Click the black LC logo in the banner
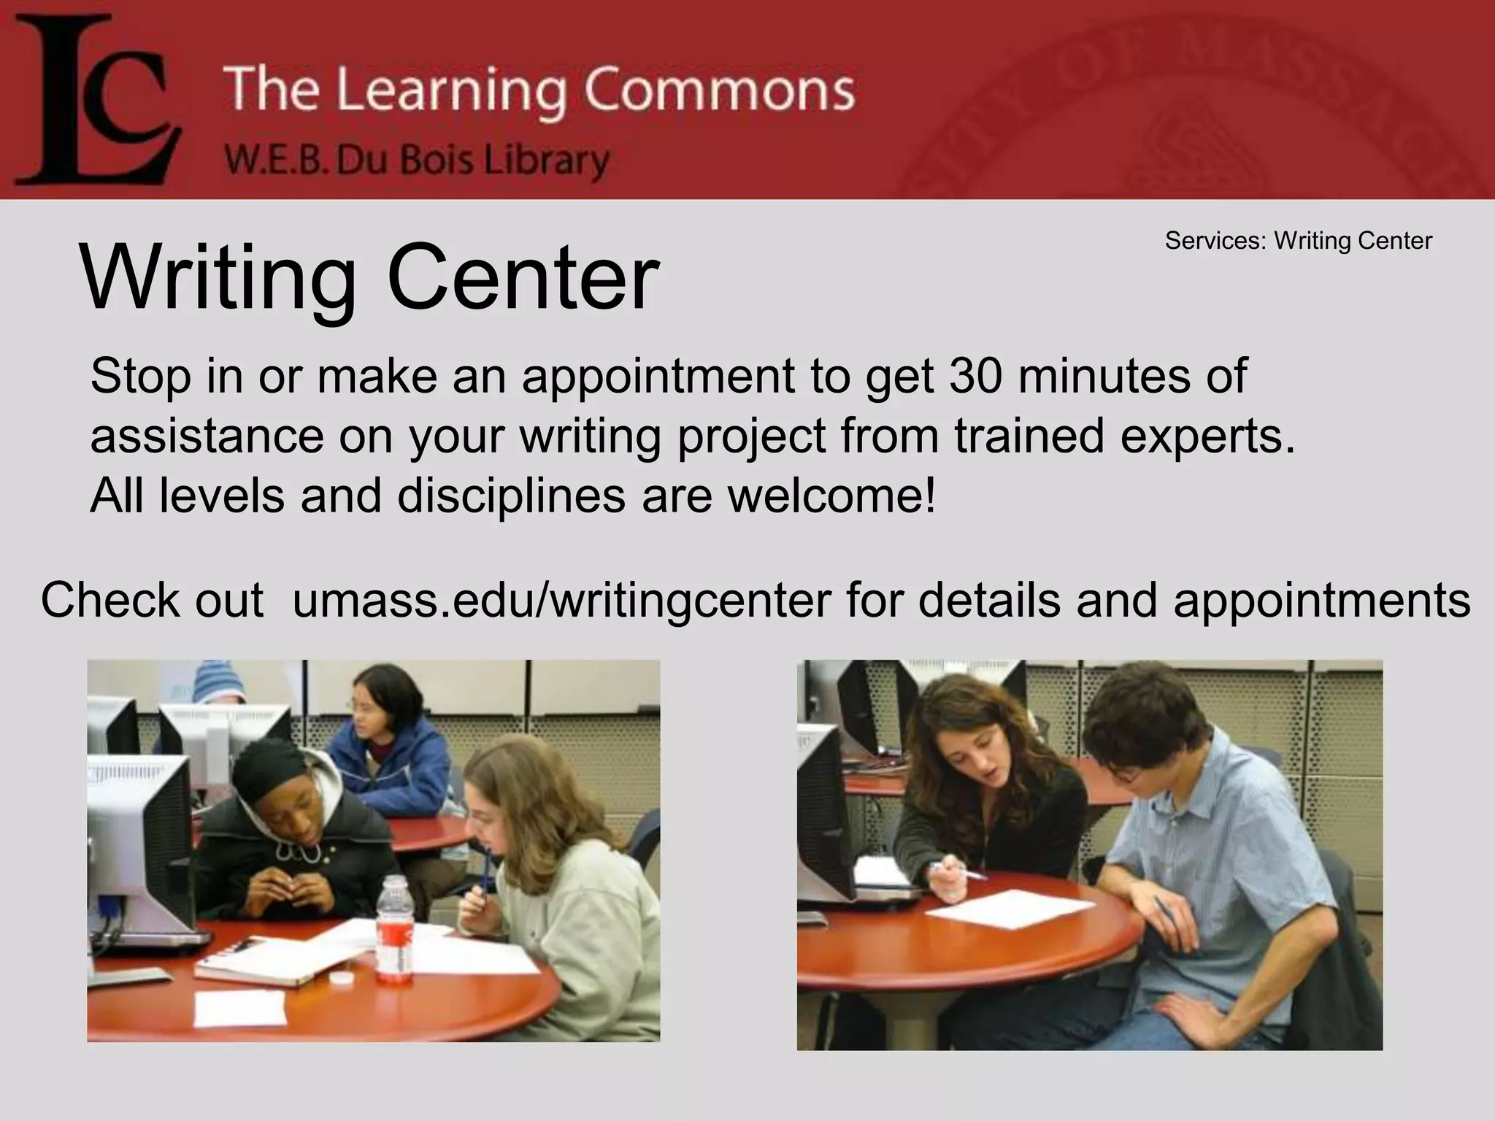click(95, 102)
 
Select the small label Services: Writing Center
click(1298, 241)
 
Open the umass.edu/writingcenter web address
click(562, 601)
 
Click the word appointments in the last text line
click(1322, 601)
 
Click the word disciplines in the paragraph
click(511, 496)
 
